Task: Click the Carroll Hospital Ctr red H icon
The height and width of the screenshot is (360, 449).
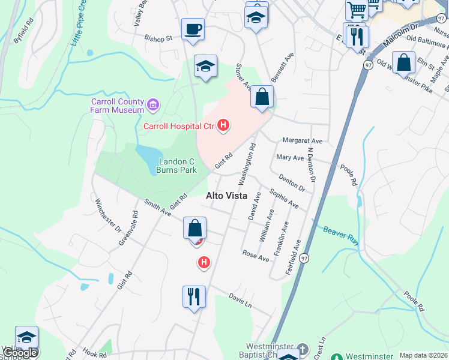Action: tap(223, 125)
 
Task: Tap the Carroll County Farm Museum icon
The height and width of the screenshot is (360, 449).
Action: tap(152, 106)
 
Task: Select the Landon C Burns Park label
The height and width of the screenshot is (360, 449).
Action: tap(176, 166)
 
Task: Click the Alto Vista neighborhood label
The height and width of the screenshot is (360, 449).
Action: tap(228, 195)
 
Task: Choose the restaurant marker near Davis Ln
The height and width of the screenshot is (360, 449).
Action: tap(194, 297)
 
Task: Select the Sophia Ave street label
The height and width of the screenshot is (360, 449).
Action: tap(284, 199)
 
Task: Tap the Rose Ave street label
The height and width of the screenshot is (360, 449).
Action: tap(256, 256)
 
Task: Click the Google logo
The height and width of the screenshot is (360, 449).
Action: tap(20, 352)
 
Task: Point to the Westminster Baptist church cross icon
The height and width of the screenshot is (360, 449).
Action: tap(303, 349)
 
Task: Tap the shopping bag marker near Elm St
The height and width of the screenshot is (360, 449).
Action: tap(404, 62)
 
